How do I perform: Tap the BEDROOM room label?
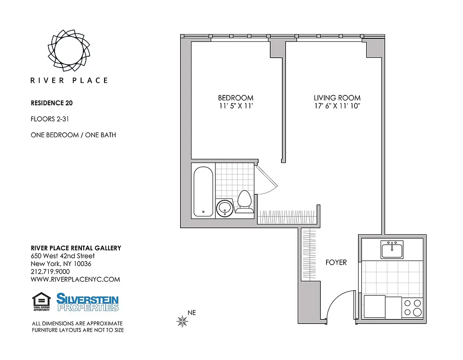click(236, 98)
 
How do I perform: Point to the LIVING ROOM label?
click(337, 98)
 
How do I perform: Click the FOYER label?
click(336, 262)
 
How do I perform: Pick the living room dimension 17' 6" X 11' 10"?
click(337, 106)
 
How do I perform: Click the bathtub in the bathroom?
click(203, 191)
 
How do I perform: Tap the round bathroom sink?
click(224, 208)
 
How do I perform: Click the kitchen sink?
click(392, 249)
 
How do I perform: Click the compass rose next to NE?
click(182, 321)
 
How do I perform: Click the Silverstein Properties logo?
click(87, 302)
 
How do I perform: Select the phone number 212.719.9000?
click(50, 271)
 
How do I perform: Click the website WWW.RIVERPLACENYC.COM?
click(75, 279)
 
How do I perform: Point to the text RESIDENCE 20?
click(51, 103)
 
